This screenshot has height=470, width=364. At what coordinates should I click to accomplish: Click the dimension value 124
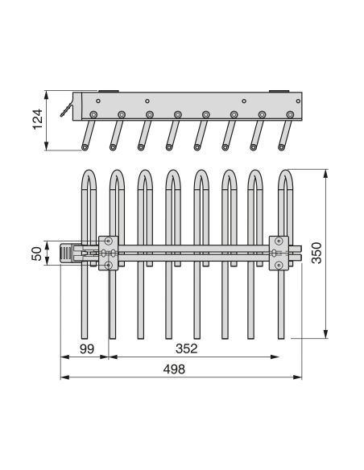(x=38, y=119)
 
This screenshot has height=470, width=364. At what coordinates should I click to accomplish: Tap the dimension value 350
(x=316, y=253)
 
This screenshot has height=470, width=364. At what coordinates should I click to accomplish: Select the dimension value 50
(x=37, y=254)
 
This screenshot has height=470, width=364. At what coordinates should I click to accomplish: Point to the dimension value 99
(x=87, y=348)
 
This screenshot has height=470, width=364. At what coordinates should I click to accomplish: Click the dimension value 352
(x=187, y=348)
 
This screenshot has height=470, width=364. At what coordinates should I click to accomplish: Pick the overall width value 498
(x=174, y=369)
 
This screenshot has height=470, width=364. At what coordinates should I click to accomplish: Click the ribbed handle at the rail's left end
(x=67, y=254)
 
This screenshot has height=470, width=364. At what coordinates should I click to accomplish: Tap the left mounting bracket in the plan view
(x=108, y=253)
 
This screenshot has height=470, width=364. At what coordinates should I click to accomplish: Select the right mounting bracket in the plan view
(x=279, y=253)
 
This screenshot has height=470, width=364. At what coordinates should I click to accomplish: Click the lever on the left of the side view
(x=67, y=109)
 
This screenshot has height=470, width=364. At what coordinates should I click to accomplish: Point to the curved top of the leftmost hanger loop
(x=89, y=177)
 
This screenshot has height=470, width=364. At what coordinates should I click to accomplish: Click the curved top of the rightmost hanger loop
(x=285, y=177)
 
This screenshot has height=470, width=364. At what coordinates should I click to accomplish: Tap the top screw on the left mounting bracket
(x=108, y=241)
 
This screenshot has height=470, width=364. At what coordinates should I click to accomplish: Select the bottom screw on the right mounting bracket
(x=279, y=265)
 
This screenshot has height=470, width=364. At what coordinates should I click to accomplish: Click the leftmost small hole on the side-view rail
(x=98, y=101)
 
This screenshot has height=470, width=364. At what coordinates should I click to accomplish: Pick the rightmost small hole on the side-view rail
(x=298, y=101)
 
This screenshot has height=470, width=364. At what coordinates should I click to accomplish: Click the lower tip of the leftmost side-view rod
(x=85, y=147)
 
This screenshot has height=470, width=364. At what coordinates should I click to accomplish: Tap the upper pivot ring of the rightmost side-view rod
(x=290, y=114)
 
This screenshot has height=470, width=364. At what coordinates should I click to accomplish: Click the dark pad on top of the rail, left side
(x=109, y=91)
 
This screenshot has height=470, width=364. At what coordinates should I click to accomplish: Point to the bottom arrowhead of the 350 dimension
(x=326, y=334)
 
